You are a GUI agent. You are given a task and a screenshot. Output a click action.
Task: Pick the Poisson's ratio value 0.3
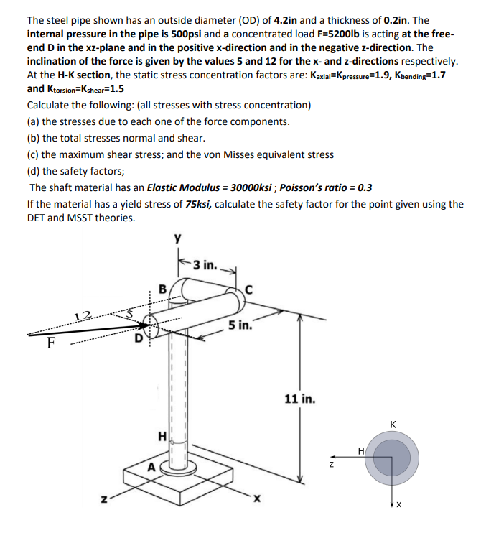[x=363, y=187]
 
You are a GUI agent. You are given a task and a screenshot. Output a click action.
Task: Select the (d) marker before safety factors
[x=33, y=171]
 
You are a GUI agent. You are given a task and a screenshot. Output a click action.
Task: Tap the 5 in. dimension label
[x=240, y=325]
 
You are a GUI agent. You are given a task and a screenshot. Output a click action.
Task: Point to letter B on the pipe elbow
[x=162, y=289]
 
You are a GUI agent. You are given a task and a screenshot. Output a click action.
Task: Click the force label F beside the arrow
[x=51, y=343]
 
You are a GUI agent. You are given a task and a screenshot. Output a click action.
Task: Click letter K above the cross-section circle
[x=392, y=425]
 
